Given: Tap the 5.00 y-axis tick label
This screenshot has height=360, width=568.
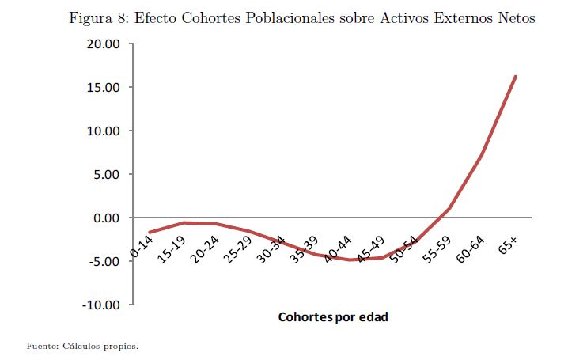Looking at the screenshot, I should pyautogui.click(x=104, y=175).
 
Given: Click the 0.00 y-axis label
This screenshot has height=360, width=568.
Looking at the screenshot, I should pyautogui.click(x=104, y=218).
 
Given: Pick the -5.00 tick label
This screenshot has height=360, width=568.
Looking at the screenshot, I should pyautogui.click(x=103, y=261).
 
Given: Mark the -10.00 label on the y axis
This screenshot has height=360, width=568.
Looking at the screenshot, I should pyautogui.click(x=100, y=305).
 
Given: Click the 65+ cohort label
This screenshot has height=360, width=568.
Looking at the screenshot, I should pyautogui.click(x=508, y=244).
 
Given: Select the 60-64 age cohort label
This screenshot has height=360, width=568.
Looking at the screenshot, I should pyautogui.click(x=471, y=250).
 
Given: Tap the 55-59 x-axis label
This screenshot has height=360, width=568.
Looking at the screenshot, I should pyautogui.click(x=437, y=250).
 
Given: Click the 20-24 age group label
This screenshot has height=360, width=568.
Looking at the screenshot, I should pyautogui.click(x=207, y=250).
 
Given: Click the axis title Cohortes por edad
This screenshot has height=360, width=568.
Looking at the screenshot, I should pyautogui.click(x=333, y=316).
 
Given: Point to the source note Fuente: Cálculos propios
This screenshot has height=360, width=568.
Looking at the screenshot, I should pyautogui.click(x=82, y=346).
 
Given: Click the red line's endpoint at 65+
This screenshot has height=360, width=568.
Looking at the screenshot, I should pyautogui.click(x=516, y=76).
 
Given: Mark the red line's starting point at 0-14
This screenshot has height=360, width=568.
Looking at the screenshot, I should pyautogui.click(x=149, y=233).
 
